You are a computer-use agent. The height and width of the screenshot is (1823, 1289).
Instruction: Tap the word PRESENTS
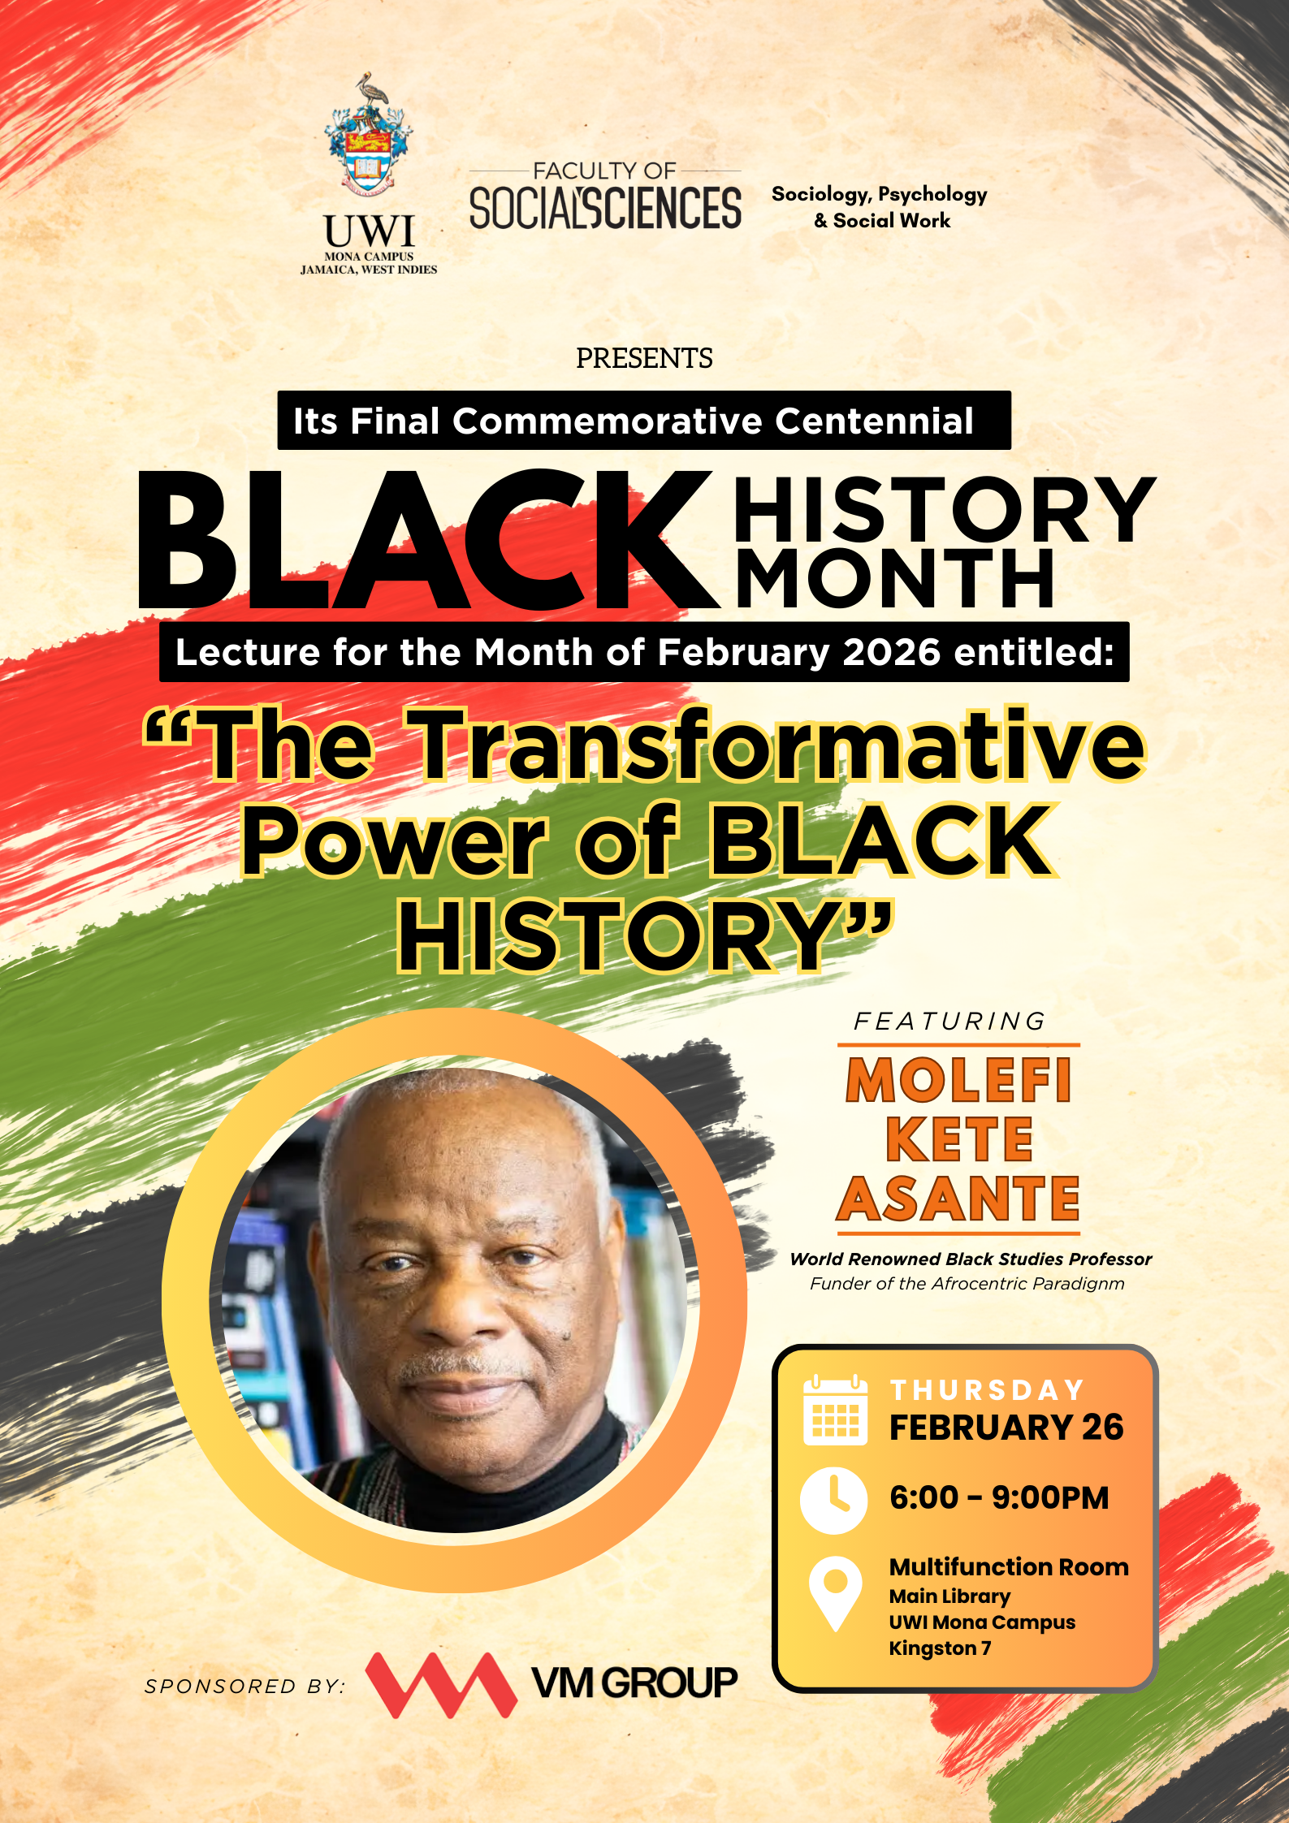644,358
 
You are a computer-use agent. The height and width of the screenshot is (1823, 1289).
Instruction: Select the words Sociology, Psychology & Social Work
880,207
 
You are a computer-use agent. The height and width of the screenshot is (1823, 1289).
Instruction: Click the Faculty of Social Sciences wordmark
605,200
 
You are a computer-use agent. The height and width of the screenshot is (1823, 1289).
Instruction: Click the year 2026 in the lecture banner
891,652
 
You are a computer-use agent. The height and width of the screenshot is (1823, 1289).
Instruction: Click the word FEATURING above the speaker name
949,1021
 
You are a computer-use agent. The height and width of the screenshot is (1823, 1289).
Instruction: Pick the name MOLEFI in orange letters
958,1080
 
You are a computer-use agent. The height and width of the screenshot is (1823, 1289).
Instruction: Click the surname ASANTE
958,1199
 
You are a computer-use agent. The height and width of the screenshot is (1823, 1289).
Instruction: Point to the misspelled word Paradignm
1085,1284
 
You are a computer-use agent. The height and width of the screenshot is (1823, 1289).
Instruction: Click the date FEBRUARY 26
1006,1428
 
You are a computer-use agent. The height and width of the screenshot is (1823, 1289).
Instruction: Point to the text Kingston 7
940,1648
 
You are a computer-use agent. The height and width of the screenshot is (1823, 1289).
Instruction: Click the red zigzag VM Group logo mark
441,1684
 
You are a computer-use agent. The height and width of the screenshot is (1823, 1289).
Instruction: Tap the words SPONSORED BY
244,1686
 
